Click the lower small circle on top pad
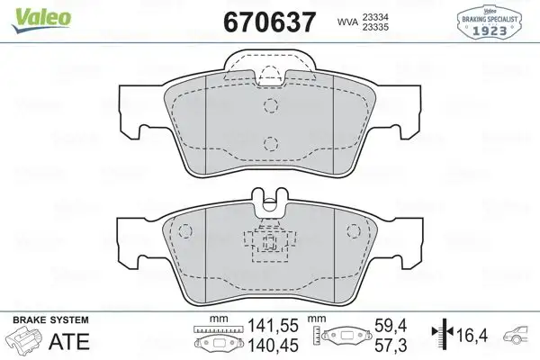[x=270, y=140]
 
